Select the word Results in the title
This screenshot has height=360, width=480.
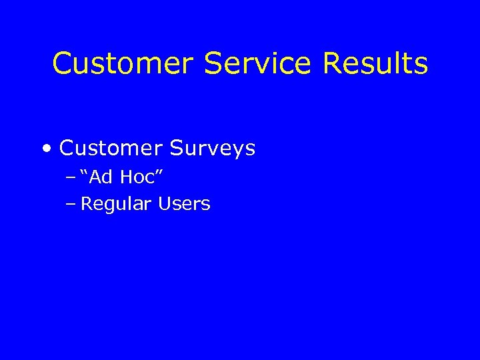point(375,64)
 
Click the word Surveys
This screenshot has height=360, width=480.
point(213,149)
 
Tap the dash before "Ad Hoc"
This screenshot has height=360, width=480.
point(71,177)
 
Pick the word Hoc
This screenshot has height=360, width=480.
point(138,177)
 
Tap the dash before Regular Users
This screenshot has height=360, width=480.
point(71,204)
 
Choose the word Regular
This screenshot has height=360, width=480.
point(116,205)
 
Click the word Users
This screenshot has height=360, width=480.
point(184,204)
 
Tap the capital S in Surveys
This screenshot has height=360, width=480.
point(177,148)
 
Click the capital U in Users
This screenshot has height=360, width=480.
point(164,204)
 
